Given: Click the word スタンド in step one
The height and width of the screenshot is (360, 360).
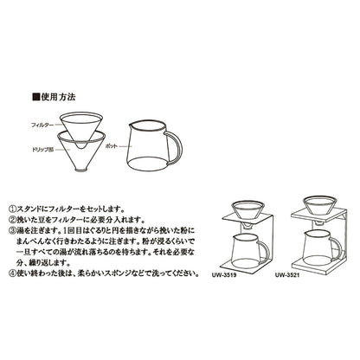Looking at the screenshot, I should point(44,208).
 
